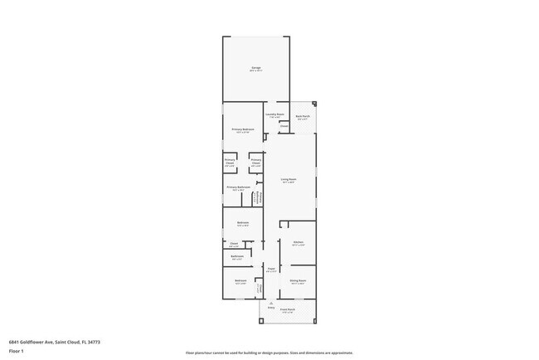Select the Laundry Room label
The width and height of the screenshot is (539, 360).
(x=274, y=115)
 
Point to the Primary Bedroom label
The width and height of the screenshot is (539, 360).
(x=243, y=130)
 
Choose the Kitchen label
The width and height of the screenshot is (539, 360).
(x=298, y=243)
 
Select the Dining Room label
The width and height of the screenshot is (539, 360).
(x=298, y=281)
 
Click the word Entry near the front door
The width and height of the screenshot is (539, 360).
(x=270, y=308)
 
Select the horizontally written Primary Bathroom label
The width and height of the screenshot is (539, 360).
(x=238, y=188)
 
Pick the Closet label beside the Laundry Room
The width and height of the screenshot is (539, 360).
(x=284, y=127)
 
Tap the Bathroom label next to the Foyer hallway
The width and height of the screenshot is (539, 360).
(x=237, y=257)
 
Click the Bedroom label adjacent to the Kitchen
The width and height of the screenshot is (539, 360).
(x=243, y=223)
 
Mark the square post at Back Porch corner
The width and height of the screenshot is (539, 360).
(x=314, y=105)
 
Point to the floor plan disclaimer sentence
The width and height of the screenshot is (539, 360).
(x=269, y=353)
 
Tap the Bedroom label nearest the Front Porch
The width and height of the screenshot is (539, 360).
(x=240, y=282)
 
